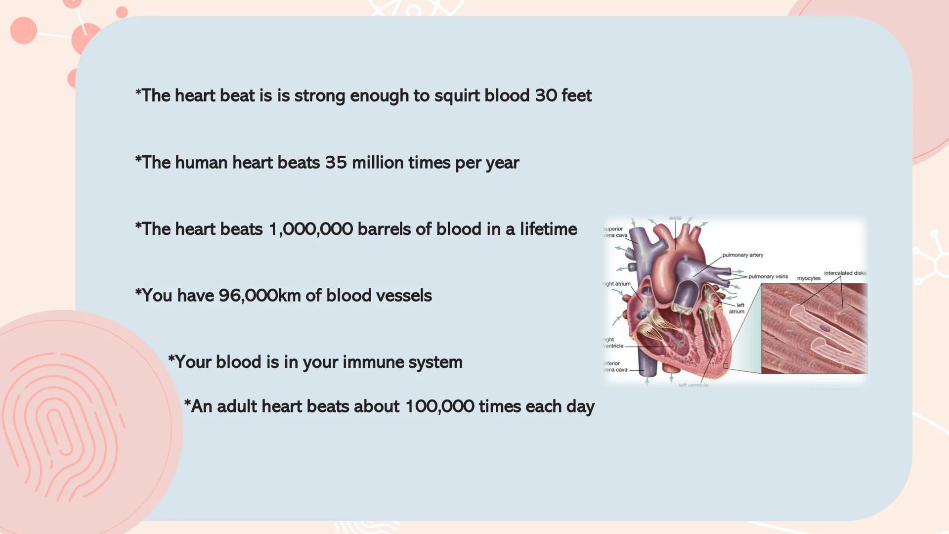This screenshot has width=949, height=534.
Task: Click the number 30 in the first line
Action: (x=546, y=95)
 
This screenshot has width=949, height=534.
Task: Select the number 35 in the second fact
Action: (x=336, y=163)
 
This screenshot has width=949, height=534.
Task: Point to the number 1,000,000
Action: (x=310, y=229)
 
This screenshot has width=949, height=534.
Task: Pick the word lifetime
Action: (x=548, y=229)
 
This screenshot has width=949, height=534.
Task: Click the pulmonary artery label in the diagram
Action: (x=742, y=255)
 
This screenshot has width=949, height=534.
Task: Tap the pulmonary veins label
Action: (x=768, y=277)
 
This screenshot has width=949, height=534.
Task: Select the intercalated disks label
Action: (x=845, y=273)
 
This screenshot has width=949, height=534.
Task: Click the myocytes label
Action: (x=809, y=278)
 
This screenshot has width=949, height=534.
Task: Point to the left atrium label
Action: (x=737, y=309)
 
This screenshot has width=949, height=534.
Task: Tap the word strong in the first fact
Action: (x=319, y=96)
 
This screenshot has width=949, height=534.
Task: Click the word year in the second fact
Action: (x=505, y=163)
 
